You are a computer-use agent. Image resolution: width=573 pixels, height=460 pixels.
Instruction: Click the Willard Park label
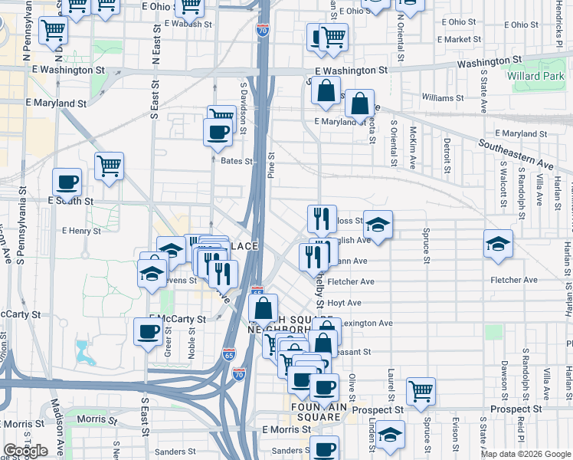tap(530, 77)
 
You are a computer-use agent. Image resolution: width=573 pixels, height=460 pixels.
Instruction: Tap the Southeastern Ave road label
tap(515, 153)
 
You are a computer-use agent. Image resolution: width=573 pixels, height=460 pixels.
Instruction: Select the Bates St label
tap(236, 161)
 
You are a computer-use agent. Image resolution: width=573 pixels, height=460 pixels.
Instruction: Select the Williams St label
tap(444, 98)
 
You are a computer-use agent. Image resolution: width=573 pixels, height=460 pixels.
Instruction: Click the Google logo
tap(25, 451)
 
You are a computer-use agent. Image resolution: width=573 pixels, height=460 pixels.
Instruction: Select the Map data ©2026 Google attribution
tap(526, 454)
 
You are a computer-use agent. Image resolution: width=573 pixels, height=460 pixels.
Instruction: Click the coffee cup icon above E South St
tap(67, 182)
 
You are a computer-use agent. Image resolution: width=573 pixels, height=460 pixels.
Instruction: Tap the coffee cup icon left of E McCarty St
tap(148, 331)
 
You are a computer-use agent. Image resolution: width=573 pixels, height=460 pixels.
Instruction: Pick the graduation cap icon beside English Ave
tap(378, 224)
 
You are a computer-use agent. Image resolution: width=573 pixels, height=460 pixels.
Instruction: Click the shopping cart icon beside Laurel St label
tap(421, 391)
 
